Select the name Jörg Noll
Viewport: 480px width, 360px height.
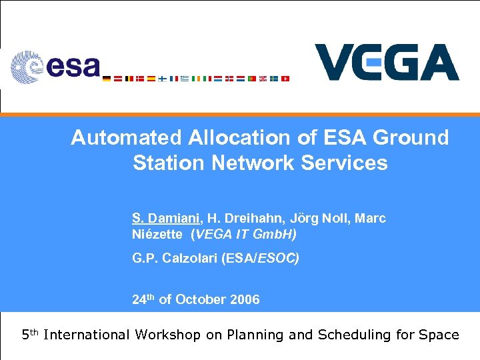click(317, 218)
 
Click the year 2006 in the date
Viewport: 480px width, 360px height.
click(245, 299)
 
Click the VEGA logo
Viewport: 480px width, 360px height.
click(387, 63)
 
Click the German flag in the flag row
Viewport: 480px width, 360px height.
click(107, 79)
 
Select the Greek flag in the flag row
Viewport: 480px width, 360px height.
click(185, 79)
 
